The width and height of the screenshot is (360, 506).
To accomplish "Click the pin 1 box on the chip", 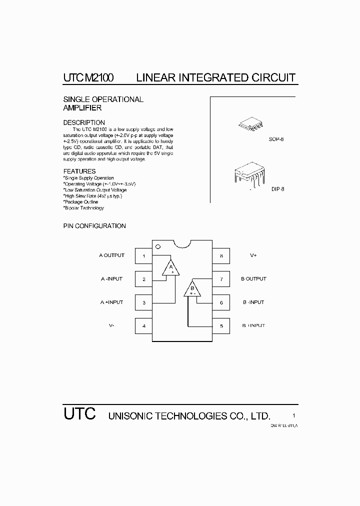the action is coord(144,256).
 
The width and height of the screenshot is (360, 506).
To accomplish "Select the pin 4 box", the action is coord(144,326).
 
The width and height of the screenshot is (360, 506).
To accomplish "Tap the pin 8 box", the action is coord(221,256).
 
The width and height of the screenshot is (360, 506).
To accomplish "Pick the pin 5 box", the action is coord(221,326).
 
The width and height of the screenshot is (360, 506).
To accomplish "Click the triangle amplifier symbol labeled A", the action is coord(170,268).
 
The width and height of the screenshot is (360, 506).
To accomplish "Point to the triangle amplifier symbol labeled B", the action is coord(192,289).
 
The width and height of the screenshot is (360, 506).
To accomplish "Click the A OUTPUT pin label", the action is coord(111,255).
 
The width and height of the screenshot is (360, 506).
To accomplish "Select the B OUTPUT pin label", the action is coord(253,279).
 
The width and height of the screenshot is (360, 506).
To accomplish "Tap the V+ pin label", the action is coord(253,255).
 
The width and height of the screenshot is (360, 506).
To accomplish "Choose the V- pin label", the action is coord(111,325).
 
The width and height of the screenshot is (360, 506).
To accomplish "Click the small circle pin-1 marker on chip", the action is coord(158,246).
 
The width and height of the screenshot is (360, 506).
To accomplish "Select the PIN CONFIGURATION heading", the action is coord(94,226).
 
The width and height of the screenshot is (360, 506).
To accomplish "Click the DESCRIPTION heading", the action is coord(84,122).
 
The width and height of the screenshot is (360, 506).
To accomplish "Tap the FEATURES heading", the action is coord(79,171).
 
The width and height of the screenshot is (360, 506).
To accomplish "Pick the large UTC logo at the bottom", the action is coord(79,414).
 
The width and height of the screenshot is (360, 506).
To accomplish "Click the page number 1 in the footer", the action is coord(294,416).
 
